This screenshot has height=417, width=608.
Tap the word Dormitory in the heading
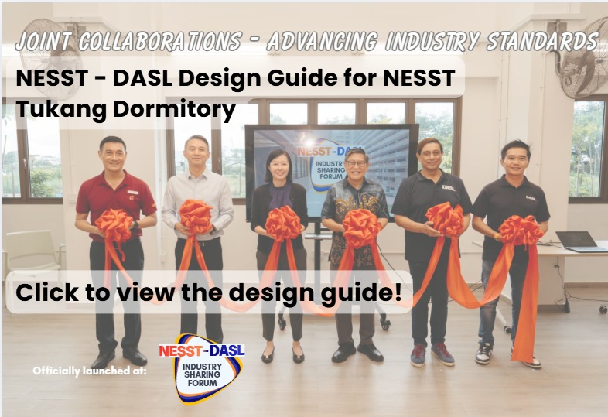click(175, 109)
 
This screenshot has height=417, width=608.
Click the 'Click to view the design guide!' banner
click(209, 292)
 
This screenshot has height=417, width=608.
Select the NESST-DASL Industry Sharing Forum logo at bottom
click(202, 368)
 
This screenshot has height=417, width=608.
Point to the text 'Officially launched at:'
click(90, 371)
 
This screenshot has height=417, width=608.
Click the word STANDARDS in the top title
click(542, 42)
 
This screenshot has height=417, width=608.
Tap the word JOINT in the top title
click(45, 42)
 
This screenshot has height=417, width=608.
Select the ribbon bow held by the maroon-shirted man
click(114, 225)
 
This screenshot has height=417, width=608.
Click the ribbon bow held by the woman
click(283, 224)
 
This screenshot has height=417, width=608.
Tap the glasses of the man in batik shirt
click(356, 163)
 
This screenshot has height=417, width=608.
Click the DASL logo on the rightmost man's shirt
click(531, 198)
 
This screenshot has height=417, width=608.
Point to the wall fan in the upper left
click(50, 58)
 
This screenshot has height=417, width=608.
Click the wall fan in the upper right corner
click(585, 58)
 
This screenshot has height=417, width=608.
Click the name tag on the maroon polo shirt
click(132, 192)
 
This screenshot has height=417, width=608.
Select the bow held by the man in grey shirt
click(196, 217)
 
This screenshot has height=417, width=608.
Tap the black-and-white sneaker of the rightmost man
click(483, 353)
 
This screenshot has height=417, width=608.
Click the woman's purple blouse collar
click(279, 193)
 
